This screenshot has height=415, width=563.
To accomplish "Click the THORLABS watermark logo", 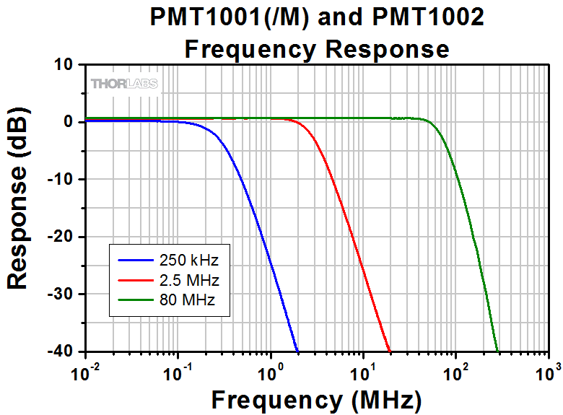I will pyautogui.click(x=124, y=84).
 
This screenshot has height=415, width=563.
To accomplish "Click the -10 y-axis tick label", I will pyautogui.click(x=60, y=180).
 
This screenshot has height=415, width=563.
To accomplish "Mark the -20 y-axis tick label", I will pyautogui.click(x=60, y=237).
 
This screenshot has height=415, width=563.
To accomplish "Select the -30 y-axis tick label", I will pyautogui.click(x=60, y=294).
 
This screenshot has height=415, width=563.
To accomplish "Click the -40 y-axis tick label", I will pyautogui.click(x=60, y=351).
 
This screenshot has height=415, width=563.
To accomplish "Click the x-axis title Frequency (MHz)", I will pyautogui.click(x=317, y=399).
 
